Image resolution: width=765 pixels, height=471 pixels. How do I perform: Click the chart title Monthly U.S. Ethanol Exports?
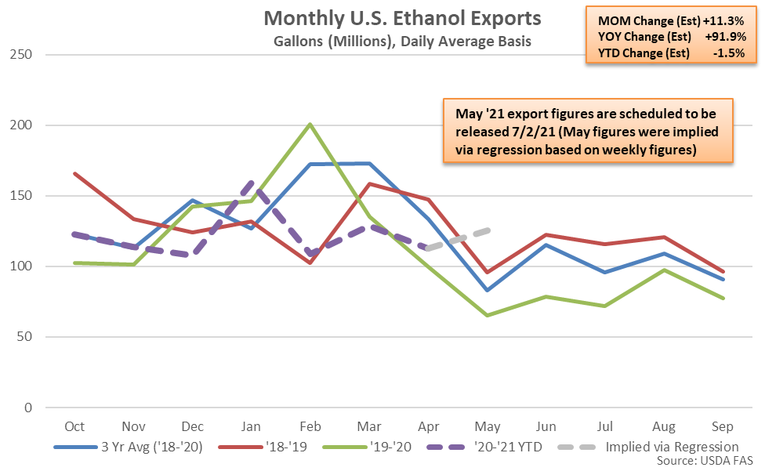point(401,17)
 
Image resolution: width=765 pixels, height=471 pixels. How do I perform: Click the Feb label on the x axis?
point(310,426)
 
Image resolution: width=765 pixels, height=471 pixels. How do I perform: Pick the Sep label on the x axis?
point(722,426)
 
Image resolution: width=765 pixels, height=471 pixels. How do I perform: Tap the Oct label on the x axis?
point(75,426)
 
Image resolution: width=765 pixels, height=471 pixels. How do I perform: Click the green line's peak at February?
point(311,124)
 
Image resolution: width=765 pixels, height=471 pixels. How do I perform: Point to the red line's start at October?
point(75,173)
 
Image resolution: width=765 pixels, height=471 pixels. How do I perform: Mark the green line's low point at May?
point(488,316)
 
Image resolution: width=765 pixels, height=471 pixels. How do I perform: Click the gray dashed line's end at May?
point(488,230)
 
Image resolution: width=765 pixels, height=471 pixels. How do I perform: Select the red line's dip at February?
point(311,263)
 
